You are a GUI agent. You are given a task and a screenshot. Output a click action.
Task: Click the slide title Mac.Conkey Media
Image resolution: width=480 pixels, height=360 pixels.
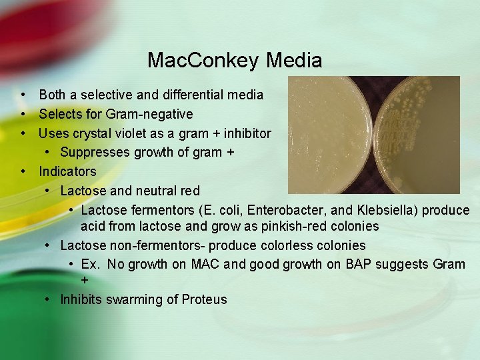point(235,61)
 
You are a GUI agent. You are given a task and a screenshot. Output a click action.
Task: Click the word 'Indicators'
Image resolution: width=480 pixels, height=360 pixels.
point(67,171)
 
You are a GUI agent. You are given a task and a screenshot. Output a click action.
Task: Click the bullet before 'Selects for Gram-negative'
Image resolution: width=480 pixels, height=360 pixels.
point(24,115)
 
